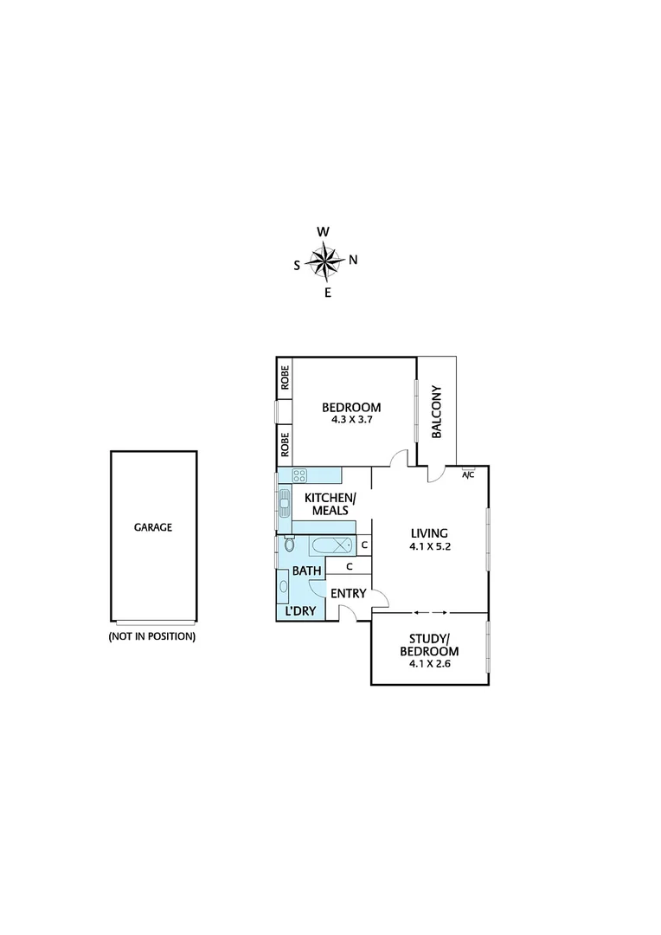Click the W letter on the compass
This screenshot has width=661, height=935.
tap(323, 231)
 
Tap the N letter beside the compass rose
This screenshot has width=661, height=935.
tap(353, 260)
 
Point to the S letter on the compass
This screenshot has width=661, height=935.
tap(297, 266)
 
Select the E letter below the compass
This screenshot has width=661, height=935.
tap(327, 293)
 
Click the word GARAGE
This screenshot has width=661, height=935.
tap(152, 526)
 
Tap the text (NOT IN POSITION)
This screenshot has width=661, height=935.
tap(152, 636)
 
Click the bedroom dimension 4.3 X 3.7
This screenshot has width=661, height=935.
tap(351, 421)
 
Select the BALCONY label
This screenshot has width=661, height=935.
tap(437, 411)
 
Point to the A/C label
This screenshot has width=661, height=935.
tap(468, 474)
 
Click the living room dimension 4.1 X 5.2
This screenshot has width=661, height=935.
tap(430, 546)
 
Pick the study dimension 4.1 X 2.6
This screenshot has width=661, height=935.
tap(430, 665)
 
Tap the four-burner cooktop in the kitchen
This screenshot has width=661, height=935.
tap(299, 475)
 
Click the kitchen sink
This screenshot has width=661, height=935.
tap(283, 500)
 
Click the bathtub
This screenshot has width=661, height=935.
tap(331, 545)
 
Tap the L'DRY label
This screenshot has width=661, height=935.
tap(299, 611)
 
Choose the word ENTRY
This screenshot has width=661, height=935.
tap(347, 595)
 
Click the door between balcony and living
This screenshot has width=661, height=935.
tap(437, 473)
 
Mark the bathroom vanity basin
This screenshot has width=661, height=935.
tap(284, 587)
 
